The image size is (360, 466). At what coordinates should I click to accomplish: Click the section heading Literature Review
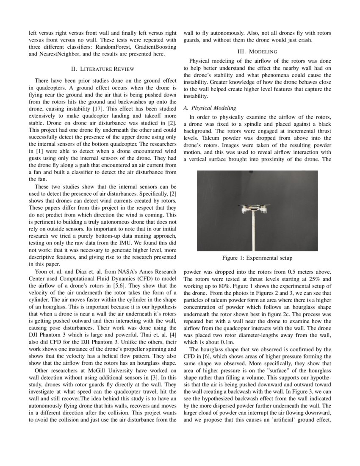[x=103, y=69]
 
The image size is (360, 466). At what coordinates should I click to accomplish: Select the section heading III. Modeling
[x=257, y=51]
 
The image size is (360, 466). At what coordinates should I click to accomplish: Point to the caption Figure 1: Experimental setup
[x=257, y=258]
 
